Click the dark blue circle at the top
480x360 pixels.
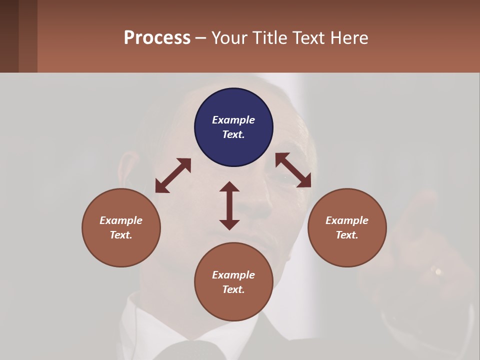coord(233,127)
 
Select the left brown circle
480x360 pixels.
coord(121,227)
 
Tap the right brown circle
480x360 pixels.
coord(347,227)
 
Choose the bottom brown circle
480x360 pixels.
coord(233,282)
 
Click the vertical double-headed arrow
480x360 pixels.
coord(229,205)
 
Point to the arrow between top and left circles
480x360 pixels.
coord(173,175)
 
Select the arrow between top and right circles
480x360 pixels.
coord(293,170)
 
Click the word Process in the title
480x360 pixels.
coord(157,38)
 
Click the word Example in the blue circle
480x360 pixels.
coord(233,120)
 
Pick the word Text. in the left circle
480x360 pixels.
coord(121,235)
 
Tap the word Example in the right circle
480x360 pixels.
coord(347,220)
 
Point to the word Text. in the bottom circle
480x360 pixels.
coord(233,289)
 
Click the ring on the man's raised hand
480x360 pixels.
coord(438,271)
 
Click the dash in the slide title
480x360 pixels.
coord(201,38)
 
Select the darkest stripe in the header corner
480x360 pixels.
coord(9,36)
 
